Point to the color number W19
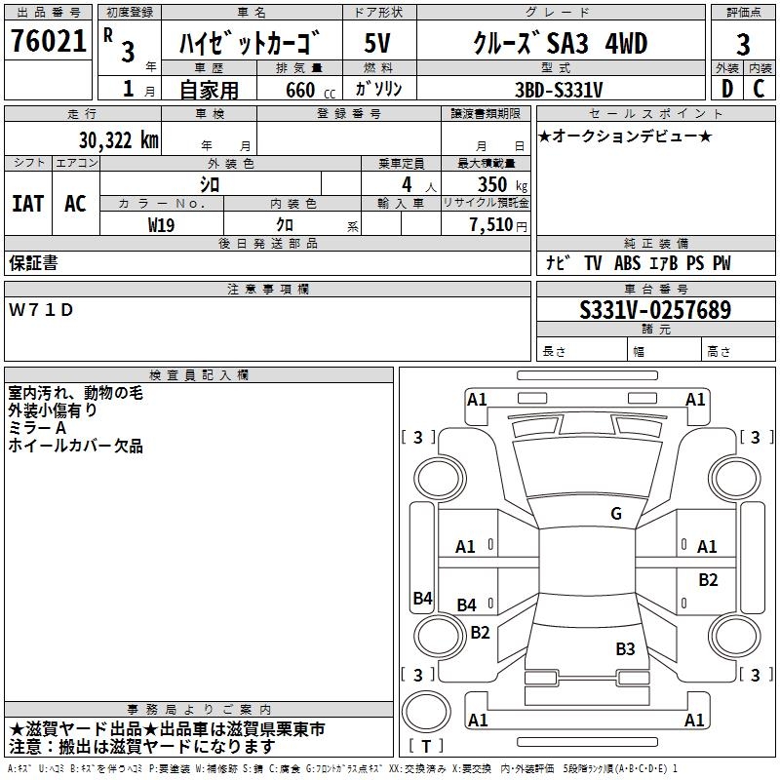coord(162,225)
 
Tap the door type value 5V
coord(378,44)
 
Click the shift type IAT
coord(27,204)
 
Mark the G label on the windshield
coord(616,514)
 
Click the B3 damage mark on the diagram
coord(625,649)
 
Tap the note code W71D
coord(41,310)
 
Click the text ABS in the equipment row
coord(627,263)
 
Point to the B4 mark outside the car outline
coord(422,599)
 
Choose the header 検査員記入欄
coord(199,374)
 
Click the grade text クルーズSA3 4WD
coord(560,44)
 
